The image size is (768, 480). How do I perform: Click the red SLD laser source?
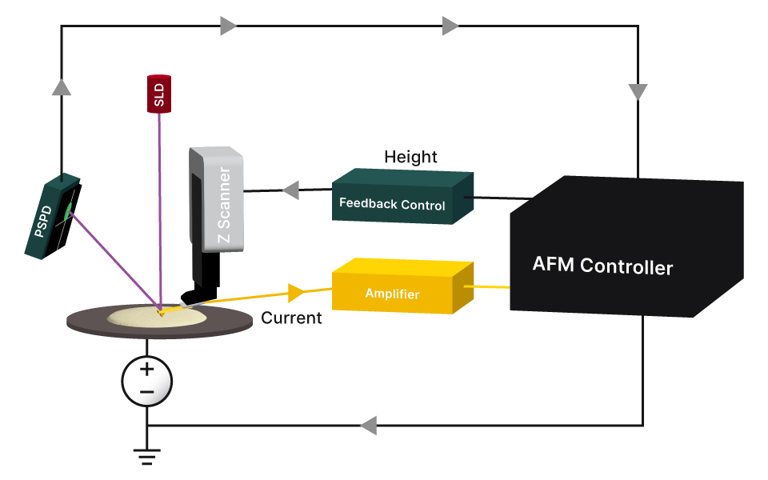[158, 94]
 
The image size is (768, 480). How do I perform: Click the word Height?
[410, 156]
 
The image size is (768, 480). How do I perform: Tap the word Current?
[291, 318]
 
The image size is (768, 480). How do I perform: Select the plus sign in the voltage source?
[147, 370]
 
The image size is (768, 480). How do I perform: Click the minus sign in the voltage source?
[147, 392]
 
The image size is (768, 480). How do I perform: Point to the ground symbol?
[147, 458]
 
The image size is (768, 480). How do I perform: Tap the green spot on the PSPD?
[69, 210]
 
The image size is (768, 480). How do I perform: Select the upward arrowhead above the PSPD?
[62, 86]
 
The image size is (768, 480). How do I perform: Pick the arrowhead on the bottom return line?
[369, 425]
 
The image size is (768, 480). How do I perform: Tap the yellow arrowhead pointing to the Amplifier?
[296, 290]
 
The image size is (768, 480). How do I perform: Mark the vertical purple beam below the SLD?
[161, 208]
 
